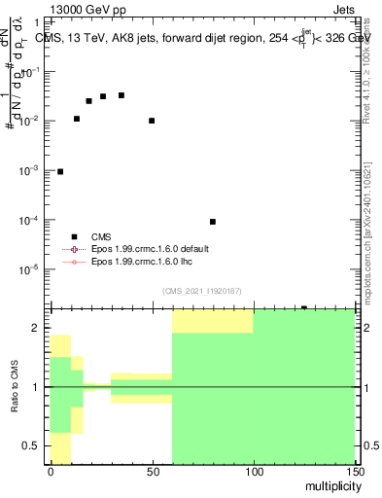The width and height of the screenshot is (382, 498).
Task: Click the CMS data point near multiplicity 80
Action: tap(213, 222)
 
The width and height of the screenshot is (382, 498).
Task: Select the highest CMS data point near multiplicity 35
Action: tap(121, 95)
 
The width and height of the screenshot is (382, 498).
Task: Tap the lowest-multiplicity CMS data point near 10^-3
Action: tap(60, 171)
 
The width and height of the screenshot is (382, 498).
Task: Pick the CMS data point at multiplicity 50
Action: tap(152, 121)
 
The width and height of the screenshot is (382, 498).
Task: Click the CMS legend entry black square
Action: tap(74, 236)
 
